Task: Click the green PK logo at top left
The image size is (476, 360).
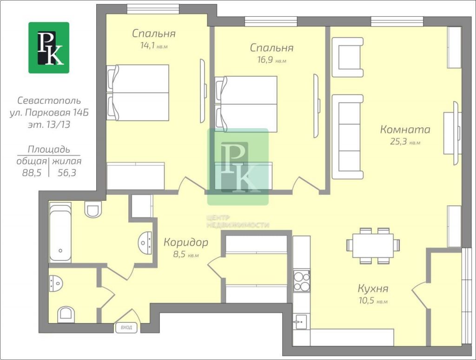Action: click(x=49, y=48)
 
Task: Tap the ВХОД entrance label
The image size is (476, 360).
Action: click(x=126, y=327)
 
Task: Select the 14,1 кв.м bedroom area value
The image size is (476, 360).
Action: click(x=154, y=46)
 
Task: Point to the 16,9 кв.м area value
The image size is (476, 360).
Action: click(x=271, y=59)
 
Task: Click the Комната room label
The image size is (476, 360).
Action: click(x=405, y=130)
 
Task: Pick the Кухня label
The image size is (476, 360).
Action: click(x=373, y=288)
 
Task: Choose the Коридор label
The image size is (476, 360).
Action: click(x=186, y=242)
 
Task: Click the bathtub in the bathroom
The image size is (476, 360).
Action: click(x=60, y=233)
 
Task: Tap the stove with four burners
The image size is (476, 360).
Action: click(x=301, y=281)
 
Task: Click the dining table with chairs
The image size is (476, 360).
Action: click(x=373, y=246)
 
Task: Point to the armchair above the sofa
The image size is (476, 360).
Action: click(x=348, y=57)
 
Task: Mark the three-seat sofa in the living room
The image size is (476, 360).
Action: click(x=348, y=137)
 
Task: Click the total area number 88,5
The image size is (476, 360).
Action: click(x=32, y=173)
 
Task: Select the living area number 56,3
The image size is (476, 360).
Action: click(x=67, y=173)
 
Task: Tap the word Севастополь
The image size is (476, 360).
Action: click(x=49, y=100)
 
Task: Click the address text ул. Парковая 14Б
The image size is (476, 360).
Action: click(x=49, y=112)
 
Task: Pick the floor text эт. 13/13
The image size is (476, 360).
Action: click(x=49, y=124)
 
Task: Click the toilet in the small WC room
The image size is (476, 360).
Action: click(x=66, y=313)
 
